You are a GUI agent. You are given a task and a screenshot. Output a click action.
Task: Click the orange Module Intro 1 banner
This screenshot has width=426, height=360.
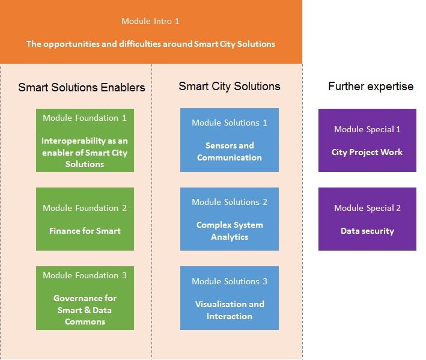click(x=151, y=32)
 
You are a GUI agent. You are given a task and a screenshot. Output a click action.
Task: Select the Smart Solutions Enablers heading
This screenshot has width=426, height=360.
click(x=82, y=87)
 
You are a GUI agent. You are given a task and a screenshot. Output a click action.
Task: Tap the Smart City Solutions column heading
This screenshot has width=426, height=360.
click(x=230, y=86)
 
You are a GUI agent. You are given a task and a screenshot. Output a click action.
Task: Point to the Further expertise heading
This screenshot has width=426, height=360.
click(x=371, y=86)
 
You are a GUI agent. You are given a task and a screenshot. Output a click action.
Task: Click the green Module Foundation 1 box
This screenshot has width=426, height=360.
click(x=85, y=140)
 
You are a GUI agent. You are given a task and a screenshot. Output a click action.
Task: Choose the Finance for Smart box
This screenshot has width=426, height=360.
click(x=85, y=219)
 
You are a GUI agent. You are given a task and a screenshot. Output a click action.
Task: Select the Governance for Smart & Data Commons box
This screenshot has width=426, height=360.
click(x=85, y=298)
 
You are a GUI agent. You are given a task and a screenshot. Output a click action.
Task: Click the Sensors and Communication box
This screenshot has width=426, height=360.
click(x=230, y=140)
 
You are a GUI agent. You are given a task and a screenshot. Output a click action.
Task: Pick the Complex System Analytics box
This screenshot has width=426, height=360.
click(x=230, y=219)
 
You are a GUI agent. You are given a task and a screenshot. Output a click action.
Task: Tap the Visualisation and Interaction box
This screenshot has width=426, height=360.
click(x=230, y=298)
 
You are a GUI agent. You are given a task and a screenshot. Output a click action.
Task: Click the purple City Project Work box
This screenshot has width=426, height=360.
click(x=367, y=140)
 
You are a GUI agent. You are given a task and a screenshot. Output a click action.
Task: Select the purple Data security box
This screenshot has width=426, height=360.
click(x=367, y=219)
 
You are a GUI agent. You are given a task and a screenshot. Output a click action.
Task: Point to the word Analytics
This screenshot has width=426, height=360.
click(x=230, y=237)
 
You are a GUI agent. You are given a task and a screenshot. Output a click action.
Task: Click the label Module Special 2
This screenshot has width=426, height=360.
click(x=367, y=208)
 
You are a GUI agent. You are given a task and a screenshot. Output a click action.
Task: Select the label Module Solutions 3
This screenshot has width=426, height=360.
click(x=230, y=281)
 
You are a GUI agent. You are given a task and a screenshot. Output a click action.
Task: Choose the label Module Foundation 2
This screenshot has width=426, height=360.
click(x=85, y=208)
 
